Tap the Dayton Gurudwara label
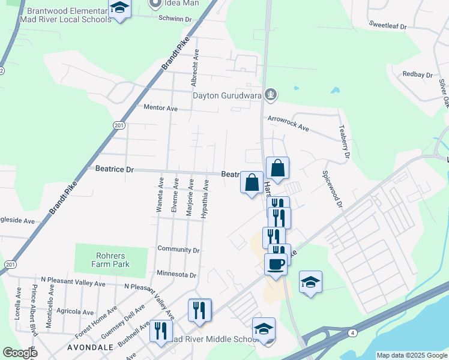(x=228, y=95)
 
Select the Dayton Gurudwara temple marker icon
(x=271, y=94)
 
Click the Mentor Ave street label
(x=161, y=109)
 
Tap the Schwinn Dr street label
(x=175, y=19)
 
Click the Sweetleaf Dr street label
(x=388, y=27)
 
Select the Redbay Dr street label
(x=418, y=75)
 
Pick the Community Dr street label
(x=178, y=250)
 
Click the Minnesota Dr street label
(x=176, y=275)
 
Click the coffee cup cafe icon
(x=276, y=265)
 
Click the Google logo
(x=20, y=353)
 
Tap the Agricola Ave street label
(x=75, y=312)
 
